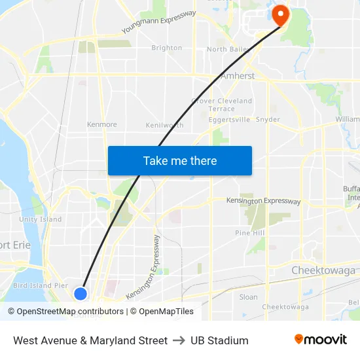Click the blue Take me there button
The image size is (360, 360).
pyautogui.click(x=180, y=160)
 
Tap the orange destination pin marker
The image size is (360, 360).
pyautogui.click(x=281, y=14)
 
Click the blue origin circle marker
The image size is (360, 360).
pyautogui.click(x=81, y=294)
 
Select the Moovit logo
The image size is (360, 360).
pyautogui.click(x=320, y=340)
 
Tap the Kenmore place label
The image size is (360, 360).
pyautogui.click(x=102, y=124)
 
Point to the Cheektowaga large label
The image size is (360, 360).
pyautogui.click(x=323, y=270)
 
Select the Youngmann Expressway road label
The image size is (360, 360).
pyautogui.click(x=159, y=22)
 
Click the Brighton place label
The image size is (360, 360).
pyautogui.click(x=167, y=48)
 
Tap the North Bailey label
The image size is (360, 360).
pyautogui.click(x=226, y=49)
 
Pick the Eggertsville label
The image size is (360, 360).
pyautogui.click(x=228, y=120)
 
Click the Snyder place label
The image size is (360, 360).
pyautogui.click(x=268, y=120)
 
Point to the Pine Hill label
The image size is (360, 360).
pyautogui.click(x=250, y=233)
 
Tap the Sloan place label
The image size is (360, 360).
pyautogui.click(x=249, y=297)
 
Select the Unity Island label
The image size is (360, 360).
pyautogui.click(x=41, y=219)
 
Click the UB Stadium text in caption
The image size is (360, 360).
pyautogui.click(x=219, y=340)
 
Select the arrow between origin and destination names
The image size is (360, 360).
pyautogui.click(x=179, y=340)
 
